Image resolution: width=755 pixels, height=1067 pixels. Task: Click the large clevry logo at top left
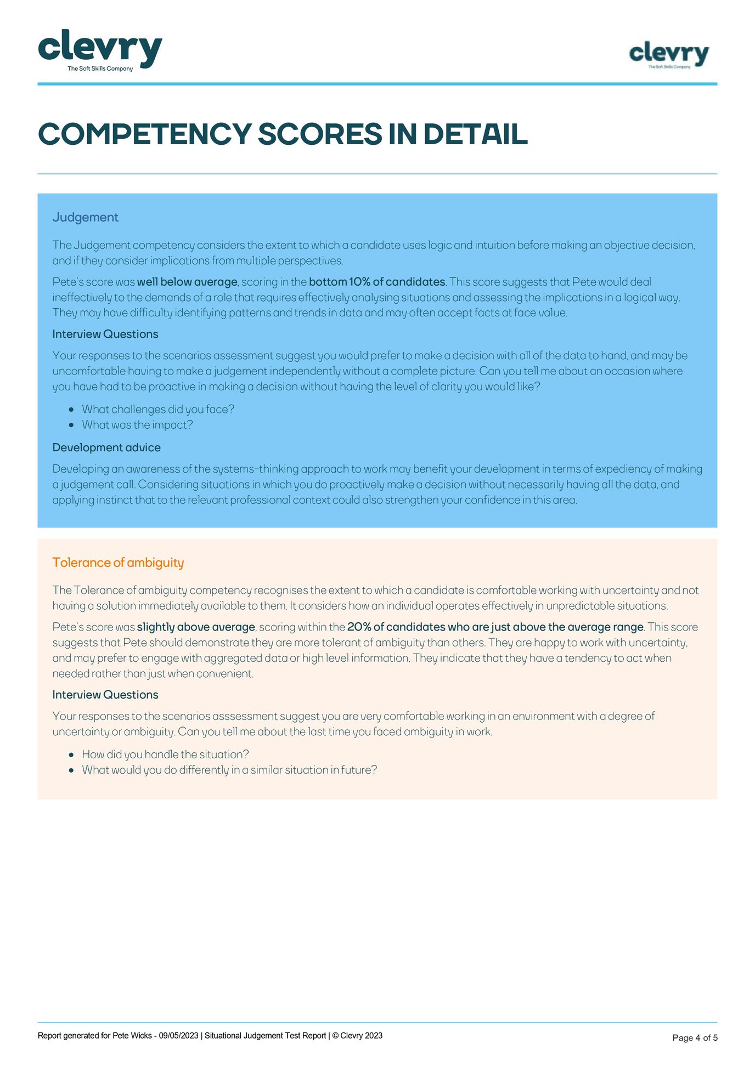click(x=100, y=49)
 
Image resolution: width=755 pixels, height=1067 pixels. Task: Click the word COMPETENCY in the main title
click(x=144, y=134)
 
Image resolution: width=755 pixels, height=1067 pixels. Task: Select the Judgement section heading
click(x=85, y=217)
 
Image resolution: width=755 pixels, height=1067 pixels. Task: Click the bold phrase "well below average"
click(x=187, y=282)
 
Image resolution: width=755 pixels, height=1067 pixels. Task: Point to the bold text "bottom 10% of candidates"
click(x=377, y=282)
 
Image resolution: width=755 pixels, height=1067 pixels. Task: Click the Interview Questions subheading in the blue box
click(x=105, y=334)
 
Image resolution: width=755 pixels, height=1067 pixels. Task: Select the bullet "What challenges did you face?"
click(x=158, y=409)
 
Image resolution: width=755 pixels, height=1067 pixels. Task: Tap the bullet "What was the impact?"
click(x=137, y=425)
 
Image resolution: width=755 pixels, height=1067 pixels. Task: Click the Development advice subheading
click(x=106, y=447)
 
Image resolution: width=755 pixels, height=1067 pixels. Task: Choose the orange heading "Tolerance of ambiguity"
click(x=118, y=563)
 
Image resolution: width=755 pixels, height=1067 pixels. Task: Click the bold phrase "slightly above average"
click(x=196, y=627)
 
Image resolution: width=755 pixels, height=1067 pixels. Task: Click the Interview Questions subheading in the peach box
click(x=105, y=695)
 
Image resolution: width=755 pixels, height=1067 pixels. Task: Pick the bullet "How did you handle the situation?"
click(x=165, y=754)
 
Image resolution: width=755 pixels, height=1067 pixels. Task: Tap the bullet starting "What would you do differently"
click(x=229, y=770)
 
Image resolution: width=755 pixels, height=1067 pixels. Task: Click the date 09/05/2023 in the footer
click(x=178, y=1036)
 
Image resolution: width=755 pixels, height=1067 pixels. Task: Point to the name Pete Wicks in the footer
click(x=132, y=1036)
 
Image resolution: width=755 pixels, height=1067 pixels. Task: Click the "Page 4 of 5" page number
click(x=695, y=1038)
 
